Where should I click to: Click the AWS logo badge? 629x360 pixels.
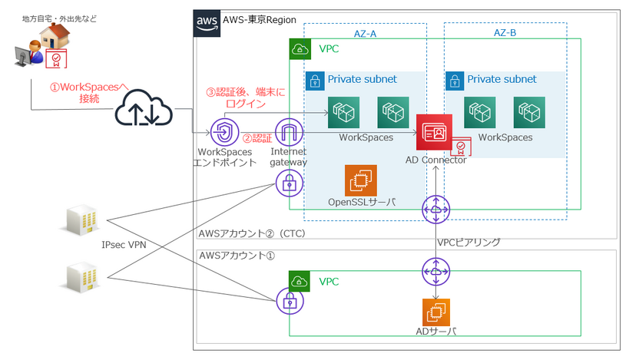pos(206,23)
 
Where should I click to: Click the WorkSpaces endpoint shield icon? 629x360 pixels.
pos(223,132)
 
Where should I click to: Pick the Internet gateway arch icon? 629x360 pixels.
pos(290,133)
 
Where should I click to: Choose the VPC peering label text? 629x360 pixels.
pos(468,243)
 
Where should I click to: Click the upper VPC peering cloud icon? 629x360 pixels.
pos(435,209)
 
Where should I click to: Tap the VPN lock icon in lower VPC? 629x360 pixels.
pos(290,300)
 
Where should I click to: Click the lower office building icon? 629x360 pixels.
pos(80,278)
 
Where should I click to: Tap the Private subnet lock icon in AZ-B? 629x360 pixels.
pos(455,81)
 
